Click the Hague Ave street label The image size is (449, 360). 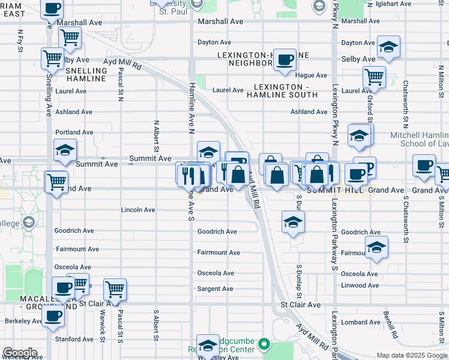(311, 75)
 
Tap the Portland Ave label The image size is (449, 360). (74, 132)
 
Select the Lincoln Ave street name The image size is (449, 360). (138, 210)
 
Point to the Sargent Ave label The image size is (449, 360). (215, 289)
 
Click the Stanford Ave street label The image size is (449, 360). (74, 339)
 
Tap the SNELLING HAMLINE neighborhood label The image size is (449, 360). (86, 75)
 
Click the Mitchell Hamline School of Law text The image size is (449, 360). (418, 139)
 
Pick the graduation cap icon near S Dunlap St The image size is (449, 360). (292, 223)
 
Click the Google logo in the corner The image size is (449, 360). (19, 353)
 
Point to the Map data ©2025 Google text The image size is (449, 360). (411, 355)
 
